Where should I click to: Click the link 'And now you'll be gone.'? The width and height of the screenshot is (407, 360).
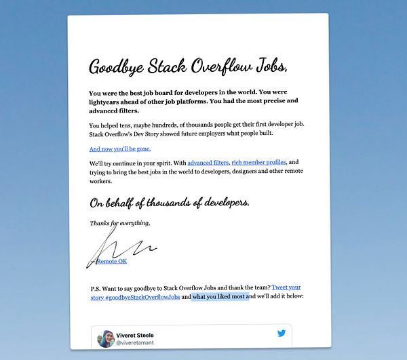click(120, 148)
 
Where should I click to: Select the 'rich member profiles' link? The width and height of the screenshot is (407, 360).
click(259, 163)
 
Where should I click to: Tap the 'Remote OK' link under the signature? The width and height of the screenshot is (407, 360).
click(112, 261)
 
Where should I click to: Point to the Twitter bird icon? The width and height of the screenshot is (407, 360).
click(282, 334)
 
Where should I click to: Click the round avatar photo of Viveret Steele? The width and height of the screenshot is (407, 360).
click(106, 338)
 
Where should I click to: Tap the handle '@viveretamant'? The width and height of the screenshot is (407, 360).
click(139, 344)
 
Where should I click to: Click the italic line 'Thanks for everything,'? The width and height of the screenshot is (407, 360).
click(120, 223)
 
